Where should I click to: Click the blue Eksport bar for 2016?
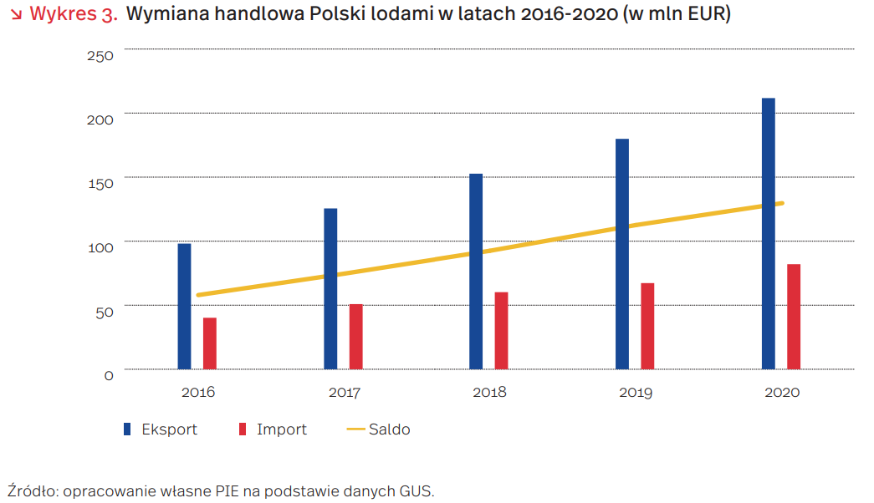coord(184,306)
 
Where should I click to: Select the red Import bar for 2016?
coord(210,343)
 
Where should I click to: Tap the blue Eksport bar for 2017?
coord(330,288)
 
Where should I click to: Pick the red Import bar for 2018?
coord(502,330)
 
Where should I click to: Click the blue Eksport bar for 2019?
coord(622,253)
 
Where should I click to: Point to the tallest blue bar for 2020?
coord(769,233)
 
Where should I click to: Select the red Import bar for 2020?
coord(794,316)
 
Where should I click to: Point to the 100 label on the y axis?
coord(100,247)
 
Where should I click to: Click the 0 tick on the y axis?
coord(109,375)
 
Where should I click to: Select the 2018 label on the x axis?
coord(489,392)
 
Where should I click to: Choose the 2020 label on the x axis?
coord(782,392)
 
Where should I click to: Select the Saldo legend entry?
coord(389,429)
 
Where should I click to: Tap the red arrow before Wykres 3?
coord(15,15)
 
